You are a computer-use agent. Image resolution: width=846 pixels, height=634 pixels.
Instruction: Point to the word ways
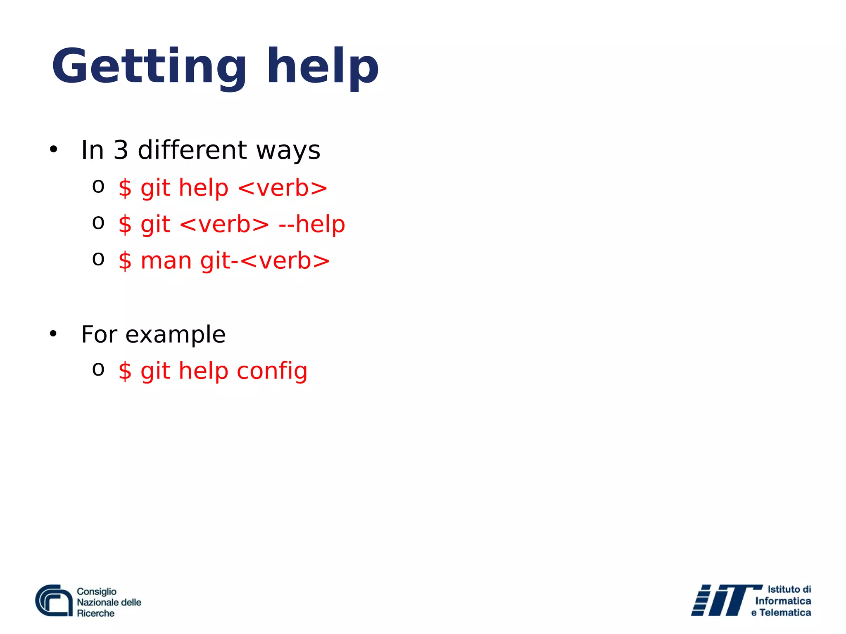point(288,151)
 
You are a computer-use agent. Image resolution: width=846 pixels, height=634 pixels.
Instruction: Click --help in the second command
point(311,225)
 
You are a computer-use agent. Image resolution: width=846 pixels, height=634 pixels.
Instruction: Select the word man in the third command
point(166,261)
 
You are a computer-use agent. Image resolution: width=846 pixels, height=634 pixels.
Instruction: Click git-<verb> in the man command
point(265,261)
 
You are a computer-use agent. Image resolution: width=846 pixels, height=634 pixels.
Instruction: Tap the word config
point(272,371)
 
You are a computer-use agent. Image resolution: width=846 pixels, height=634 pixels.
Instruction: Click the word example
point(175,335)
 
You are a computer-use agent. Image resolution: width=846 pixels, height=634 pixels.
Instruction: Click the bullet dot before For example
point(53,334)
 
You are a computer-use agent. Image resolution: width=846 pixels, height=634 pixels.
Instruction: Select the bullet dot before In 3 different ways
point(53,149)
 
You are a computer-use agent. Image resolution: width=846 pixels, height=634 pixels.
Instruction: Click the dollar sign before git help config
point(125,371)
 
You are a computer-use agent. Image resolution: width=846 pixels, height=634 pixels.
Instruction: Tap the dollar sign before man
point(125,261)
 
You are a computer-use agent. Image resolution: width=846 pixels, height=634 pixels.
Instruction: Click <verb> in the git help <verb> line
point(283,188)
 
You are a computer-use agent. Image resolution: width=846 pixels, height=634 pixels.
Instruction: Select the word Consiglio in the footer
point(97,591)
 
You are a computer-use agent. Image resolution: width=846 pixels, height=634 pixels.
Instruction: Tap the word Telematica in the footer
point(785,613)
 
